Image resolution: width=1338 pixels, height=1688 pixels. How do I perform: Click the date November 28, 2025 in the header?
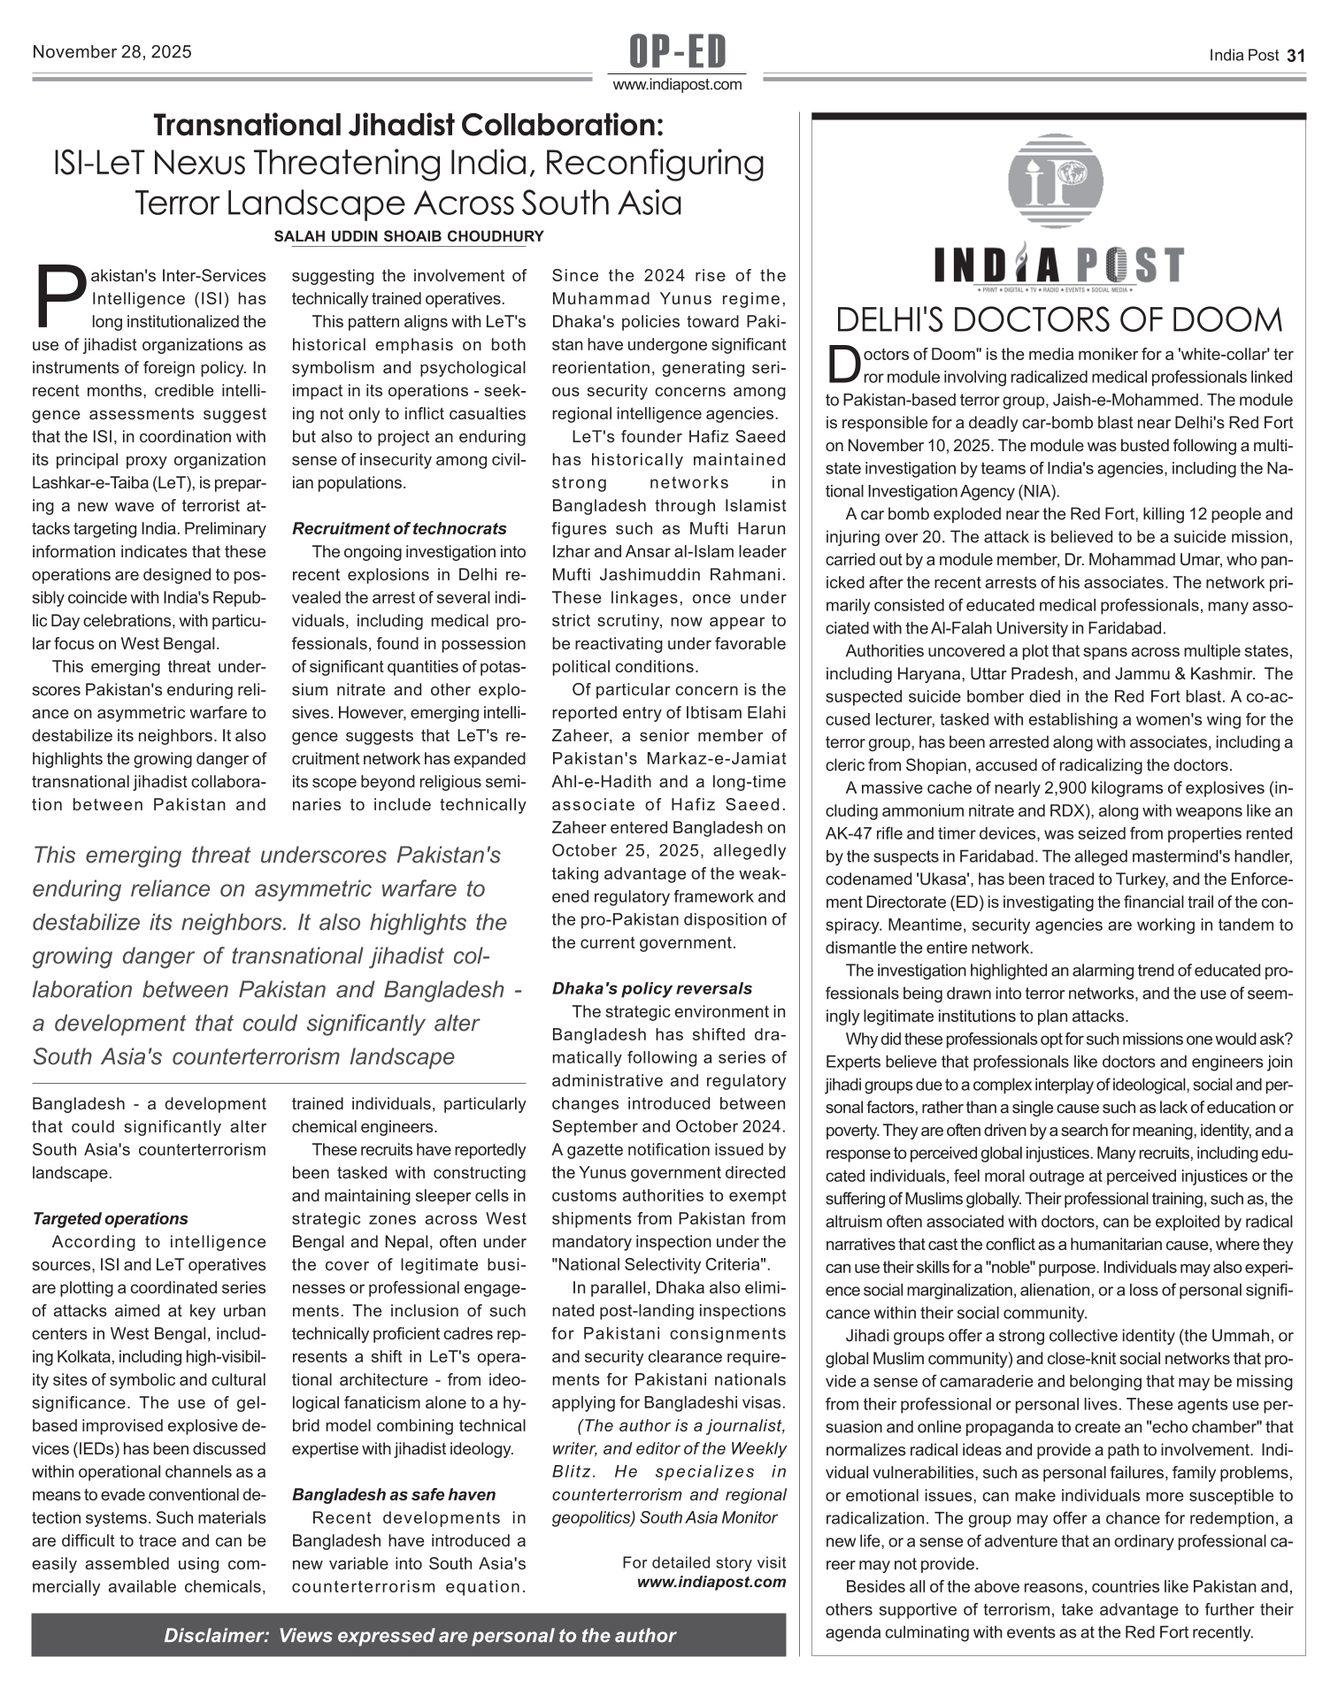click(111, 52)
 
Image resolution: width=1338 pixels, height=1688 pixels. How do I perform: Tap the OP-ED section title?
click(677, 52)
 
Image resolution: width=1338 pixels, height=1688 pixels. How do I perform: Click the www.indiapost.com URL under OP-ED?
click(677, 85)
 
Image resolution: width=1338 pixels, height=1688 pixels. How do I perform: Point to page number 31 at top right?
click(1296, 55)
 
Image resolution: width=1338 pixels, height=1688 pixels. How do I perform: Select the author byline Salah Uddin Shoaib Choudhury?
click(409, 237)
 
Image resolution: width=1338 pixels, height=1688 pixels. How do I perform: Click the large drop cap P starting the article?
click(60, 295)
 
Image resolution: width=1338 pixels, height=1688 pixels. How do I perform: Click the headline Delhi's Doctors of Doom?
click(1058, 319)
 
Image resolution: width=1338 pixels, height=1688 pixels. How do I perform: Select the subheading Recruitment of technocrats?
click(399, 529)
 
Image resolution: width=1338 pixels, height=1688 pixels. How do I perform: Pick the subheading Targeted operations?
click(110, 1219)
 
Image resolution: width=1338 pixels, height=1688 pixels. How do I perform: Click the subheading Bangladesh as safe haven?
click(394, 1495)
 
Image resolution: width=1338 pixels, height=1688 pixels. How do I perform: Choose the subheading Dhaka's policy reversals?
click(651, 989)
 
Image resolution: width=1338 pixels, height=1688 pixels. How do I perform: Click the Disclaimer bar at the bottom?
click(408, 1636)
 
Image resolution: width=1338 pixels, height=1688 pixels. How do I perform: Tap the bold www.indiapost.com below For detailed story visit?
click(711, 1582)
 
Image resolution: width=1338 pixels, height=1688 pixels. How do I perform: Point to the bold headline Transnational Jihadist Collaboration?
click(408, 126)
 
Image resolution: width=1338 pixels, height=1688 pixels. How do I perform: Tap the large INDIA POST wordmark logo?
click(1058, 265)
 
